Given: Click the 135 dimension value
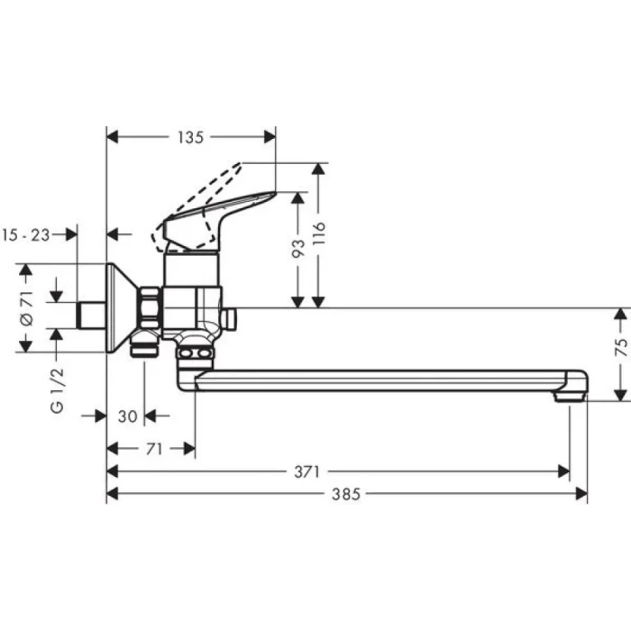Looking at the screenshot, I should (190, 137).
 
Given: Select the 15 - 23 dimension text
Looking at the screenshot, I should (25, 234).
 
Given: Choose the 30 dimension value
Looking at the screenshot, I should (127, 416).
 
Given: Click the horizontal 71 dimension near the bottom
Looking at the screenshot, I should (153, 449).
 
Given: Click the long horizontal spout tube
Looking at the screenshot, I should (379, 380).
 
